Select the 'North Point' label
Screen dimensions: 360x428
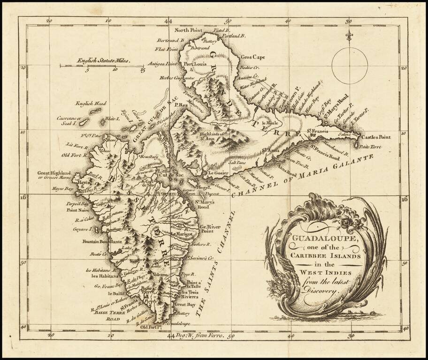(189, 30)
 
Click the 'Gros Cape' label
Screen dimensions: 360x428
(253, 57)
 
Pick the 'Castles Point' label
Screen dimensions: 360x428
(375, 137)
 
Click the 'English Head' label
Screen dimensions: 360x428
(91, 104)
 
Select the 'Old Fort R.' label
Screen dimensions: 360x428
(75, 155)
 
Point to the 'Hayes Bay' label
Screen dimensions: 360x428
(63, 189)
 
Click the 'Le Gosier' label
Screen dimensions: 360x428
(218, 172)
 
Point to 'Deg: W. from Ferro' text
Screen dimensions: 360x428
(198, 336)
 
